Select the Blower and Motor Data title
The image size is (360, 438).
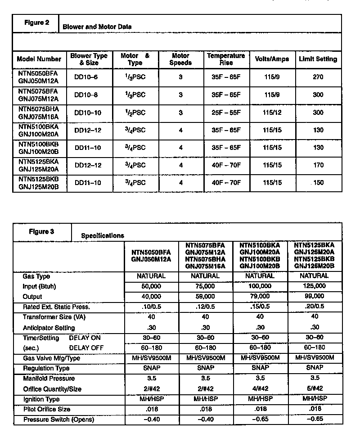click(x=97, y=27)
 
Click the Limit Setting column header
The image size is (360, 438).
click(x=318, y=59)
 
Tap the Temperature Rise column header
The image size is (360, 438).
click(x=226, y=59)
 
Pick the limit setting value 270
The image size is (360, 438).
click(x=318, y=77)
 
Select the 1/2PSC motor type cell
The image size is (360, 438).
click(x=135, y=112)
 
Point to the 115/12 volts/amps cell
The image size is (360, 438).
click(x=272, y=112)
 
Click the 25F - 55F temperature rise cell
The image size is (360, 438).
click(x=226, y=112)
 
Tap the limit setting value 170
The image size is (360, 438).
click(x=318, y=165)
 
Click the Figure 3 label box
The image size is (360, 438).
click(x=42, y=232)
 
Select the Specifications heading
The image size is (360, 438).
click(x=103, y=235)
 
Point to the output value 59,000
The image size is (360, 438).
click(x=206, y=296)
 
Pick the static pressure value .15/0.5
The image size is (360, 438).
click(x=260, y=307)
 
